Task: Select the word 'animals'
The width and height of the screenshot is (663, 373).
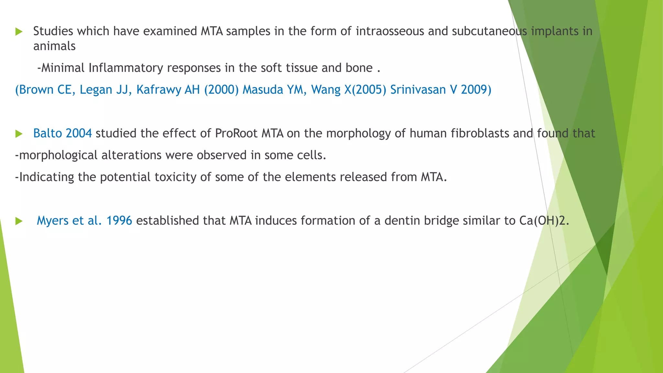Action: coord(54,46)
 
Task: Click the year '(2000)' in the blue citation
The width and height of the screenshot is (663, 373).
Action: coord(221,90)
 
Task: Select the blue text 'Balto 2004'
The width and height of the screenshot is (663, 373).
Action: coord(62,133)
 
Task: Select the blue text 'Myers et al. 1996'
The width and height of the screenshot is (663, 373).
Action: coord(84,220)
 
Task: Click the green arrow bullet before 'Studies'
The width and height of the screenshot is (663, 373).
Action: coord(19,32)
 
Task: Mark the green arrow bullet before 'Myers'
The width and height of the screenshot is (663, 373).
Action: coord(19,221)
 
